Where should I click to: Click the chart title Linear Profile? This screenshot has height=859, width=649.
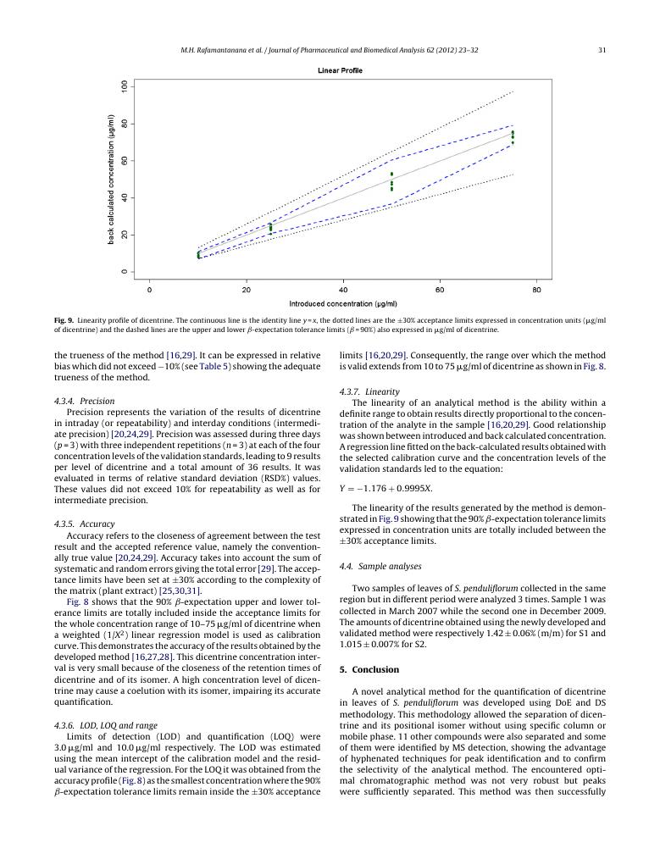(x=340, y=70)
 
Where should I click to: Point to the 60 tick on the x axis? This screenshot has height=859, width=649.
(x=440, y=290)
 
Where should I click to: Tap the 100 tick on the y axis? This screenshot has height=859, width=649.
(x=125, y=87)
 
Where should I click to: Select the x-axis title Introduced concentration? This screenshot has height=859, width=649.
(x=342, y=303)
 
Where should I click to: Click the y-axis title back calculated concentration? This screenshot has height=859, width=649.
(x=111, y=180)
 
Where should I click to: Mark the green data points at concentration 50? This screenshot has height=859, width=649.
(x=391, y=181)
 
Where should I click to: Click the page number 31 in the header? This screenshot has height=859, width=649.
(x=602, y=50)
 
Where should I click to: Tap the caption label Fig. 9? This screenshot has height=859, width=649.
(x=64, y=320)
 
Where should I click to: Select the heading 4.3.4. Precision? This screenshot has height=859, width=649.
(x=84, y=401)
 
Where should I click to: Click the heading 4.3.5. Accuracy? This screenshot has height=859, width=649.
(x=84, y=524)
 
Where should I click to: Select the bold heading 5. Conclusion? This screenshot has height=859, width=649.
(x=369, y=669)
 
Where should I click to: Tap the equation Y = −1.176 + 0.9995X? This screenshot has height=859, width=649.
(x=386, y=489)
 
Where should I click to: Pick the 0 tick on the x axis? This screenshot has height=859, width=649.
(x=149, y=290)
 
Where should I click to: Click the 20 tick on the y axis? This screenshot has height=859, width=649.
(x=125, y=235)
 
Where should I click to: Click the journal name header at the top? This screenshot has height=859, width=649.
(x=330, y=50)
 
